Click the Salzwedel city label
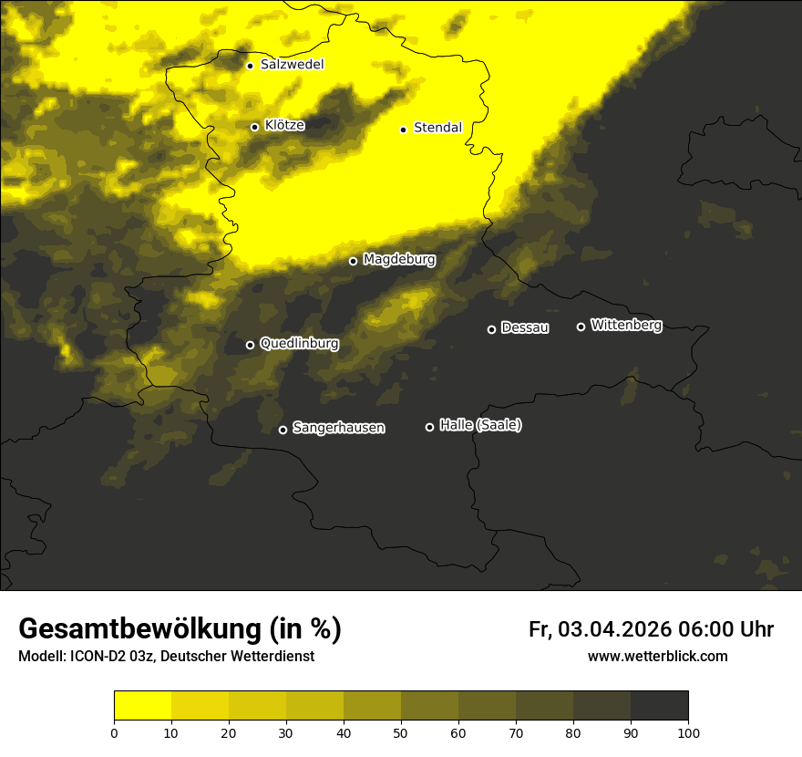pyautogui.click(x=292, y=65)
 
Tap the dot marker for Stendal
pyautogui.click(x=403, y=129)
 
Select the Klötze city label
pyautogui.click(x=284, y=126)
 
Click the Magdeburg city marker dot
pyautogui.click(x=354, y=261)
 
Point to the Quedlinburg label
pyautogui.click(x=299, y=344)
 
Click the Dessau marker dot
pyautogui.click(x=491, y=329)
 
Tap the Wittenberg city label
pyautogui.click(x=626, y=325)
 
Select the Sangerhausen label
pyautogui.click(x=338, y=428)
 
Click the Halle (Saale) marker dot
pyautogui.click(x=429, y=427)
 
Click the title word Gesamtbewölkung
pyautogui.click(x=138, y=629)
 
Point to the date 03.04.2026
pyautogui.click(x=615, y=629)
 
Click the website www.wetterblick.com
pyautogui.click(x=658, y=656)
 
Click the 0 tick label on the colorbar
pyautogui.click(x=114, y=732)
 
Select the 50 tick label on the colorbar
pyautogui.click(x=401, y=732)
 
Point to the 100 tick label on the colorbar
pyautogui.click(x=688, y=732)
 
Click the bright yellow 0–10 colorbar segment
pyautogui.click(x=142, y=706)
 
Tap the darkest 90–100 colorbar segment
pyautogui.click(x=660, y=706)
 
